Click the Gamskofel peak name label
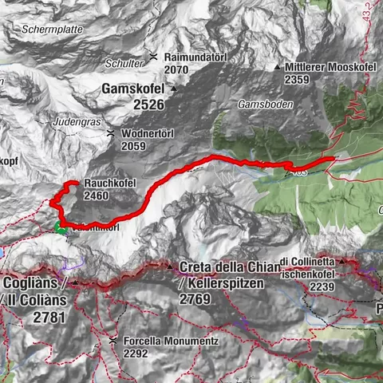click(133, 89)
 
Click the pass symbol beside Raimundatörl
click(154, 57)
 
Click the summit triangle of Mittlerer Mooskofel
click(277, 67)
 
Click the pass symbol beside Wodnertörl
click(112, 134)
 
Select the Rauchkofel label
click(109, 184)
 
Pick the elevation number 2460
click(96, 195)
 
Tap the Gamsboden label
click(266, 105)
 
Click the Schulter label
click(129, 63)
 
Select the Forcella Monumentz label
click(164, 339)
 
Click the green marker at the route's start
click(61, 231)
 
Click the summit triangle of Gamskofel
click(172, 89)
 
